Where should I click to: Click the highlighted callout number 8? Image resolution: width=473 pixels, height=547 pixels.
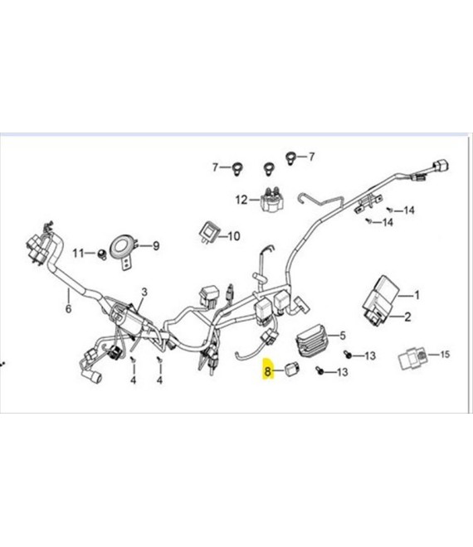click(x=267, y=370)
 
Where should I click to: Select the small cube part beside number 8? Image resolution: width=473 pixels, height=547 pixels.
click(x=292, y=370)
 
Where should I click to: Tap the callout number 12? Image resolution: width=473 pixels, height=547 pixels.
click(x=241, y=200)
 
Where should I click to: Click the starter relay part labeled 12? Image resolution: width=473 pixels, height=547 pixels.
click(x=272, y=199)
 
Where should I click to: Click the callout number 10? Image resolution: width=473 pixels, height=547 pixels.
click(x=234, y=236)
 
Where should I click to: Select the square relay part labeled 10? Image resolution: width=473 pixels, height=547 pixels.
click(x=208, y=233)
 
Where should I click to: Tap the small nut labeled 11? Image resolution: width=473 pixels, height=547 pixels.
click(x=102, y=254)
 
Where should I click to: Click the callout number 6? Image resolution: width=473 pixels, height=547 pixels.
click(x=69, y=308)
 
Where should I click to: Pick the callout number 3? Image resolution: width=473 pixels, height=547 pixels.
click(x=144, y=292)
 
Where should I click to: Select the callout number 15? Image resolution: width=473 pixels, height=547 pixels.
click(x=444, y=355)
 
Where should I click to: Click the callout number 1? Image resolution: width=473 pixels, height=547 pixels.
click(x=417, y=295)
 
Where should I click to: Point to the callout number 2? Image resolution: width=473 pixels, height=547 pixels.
click(x=407, y=317)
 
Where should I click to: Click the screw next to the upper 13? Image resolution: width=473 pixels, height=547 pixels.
click(x=348, y=354)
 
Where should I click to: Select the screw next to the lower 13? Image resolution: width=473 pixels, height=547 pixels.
click(x=319, y=370)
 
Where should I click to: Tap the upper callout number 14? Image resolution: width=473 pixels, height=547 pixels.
click(x=409, y=211)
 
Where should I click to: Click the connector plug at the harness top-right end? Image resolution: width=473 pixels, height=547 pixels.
click(x=441, y=166)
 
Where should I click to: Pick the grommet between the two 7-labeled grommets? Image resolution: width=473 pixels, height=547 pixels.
click(x=268, y=168)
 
